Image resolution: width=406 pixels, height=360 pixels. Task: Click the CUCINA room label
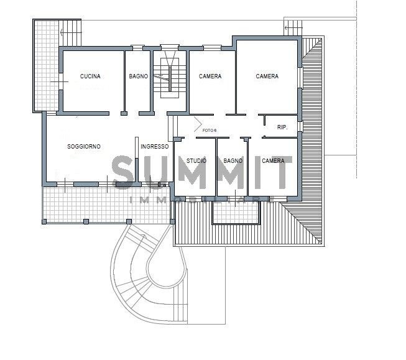90,76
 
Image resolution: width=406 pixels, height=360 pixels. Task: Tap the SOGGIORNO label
84,147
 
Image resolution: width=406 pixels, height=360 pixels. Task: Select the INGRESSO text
155,147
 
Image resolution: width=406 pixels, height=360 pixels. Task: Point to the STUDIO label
196,161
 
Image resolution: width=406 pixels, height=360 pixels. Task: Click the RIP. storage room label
282,127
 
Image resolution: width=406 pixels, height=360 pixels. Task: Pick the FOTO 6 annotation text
210,131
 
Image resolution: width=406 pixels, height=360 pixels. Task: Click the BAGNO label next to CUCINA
139,76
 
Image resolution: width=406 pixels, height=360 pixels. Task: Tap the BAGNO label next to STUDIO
233,161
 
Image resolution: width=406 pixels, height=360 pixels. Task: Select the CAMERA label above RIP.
267,76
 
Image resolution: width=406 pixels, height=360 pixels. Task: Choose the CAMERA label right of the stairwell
210,76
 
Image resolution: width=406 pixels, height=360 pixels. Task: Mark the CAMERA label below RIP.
273,161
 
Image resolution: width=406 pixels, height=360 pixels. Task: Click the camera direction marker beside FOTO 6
198,124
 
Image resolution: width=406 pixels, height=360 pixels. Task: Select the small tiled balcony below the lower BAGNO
236,213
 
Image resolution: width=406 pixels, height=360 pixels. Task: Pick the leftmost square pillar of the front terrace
44,222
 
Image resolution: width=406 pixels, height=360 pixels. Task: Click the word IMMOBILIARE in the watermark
202,200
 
